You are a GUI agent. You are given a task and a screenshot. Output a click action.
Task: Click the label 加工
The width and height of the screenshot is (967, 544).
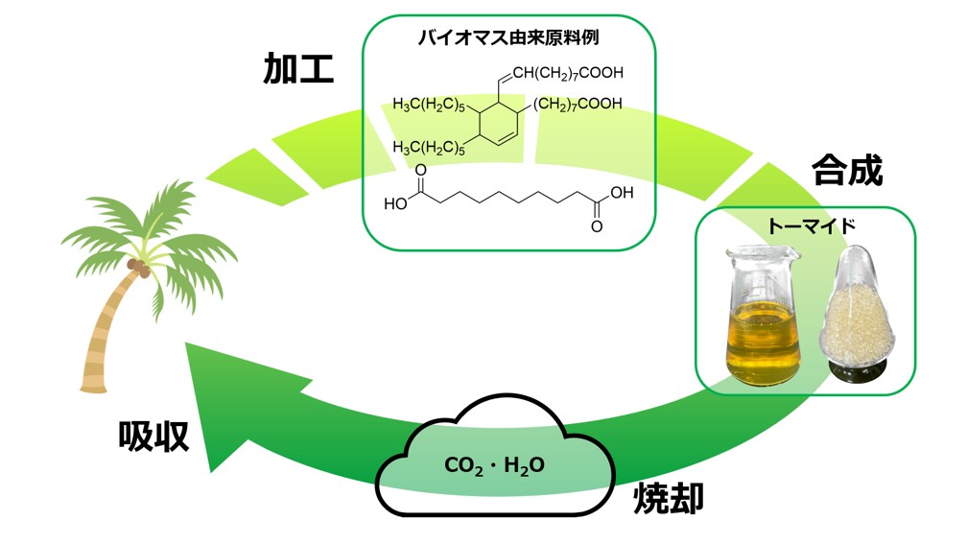click(298, 69)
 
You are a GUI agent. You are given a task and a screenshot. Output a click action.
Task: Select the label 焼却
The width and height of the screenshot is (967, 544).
click(670, 497)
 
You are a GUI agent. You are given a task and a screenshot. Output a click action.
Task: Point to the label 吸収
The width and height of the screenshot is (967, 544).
click(153, 438)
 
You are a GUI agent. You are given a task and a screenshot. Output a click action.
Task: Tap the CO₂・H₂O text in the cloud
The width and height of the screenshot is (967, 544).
click(494, 466)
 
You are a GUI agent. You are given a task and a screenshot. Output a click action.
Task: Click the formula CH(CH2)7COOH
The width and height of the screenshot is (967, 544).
click(567, 72)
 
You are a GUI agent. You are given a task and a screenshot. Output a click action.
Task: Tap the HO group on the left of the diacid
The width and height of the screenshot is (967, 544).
click(396, 203)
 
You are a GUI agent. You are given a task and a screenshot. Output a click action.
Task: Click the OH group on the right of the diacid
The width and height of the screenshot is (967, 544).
click(622, 192)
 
